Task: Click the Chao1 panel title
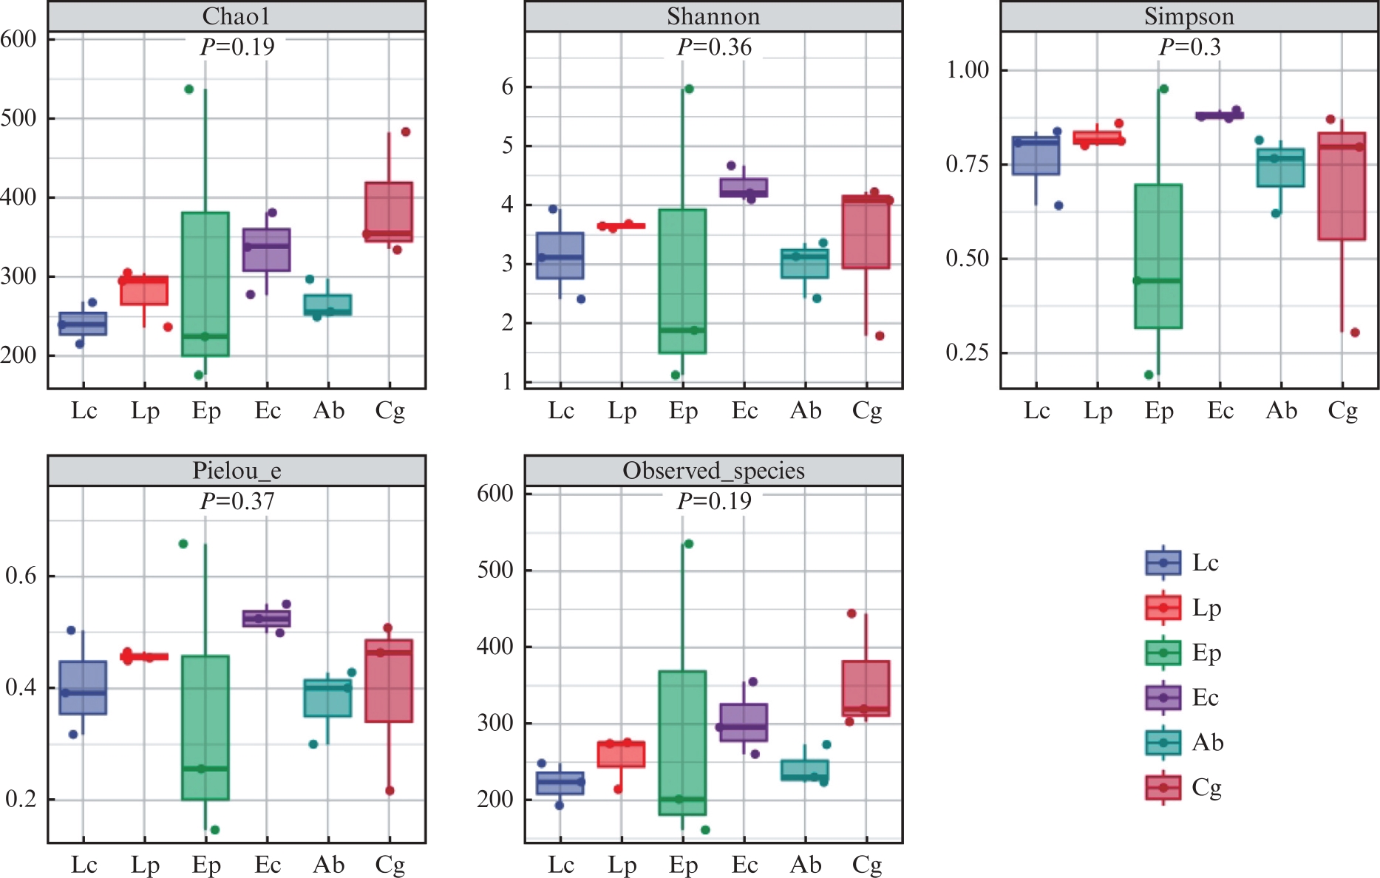click(x=237, y=16)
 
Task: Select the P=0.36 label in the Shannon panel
click(x=714, y=47)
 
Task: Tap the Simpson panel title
click(x=1189, y=16)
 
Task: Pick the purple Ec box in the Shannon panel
click(x=744, y=187)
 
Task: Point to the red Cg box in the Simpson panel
click(x=1342, y=186)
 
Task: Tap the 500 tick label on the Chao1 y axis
click(x=19, y=118)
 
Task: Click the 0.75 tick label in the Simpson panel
click(x=968, y=164)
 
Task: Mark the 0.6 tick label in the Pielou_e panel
click(x=21, y=576)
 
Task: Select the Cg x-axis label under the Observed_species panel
click(x=867, y=865)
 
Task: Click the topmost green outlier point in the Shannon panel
click(x=689, y=89)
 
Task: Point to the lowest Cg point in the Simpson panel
click(x=1355, y=333)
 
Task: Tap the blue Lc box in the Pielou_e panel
click(x=83, y=687)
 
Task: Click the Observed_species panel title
click(x=713, y=471)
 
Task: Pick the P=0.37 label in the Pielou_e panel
click(x=237, y=502)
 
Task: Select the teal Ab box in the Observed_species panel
click(x=805, y=770)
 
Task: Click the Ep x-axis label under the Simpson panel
click(x=1159, y=411)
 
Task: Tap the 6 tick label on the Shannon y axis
click(x=507, y=87)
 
